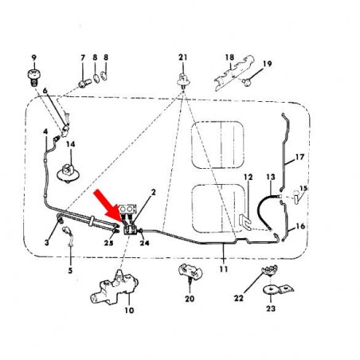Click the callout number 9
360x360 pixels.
[x=34, y=58]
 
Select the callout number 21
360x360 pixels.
[x=182, y=57]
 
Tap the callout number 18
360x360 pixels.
[x=229, y=57]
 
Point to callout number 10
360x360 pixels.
[x=130, y=311]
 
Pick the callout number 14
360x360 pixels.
[x=70, y=144]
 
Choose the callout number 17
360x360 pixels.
[x=300, y=158]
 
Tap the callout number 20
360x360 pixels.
[x=190, y=299]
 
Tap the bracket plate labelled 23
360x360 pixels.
[x=275, y=290]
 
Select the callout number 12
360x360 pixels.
[x=248, y=177]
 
